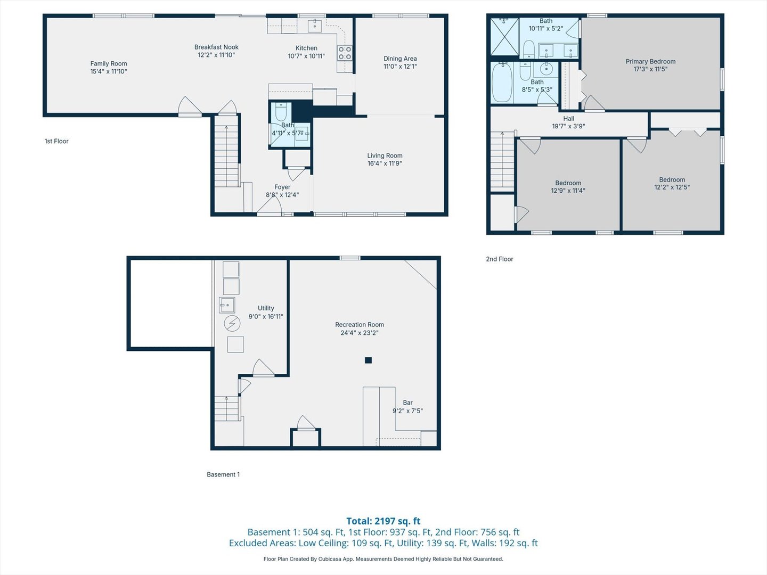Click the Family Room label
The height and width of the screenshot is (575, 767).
[109, 63]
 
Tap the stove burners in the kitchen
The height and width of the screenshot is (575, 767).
[345, 53]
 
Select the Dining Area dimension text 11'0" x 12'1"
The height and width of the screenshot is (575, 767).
[400, 67]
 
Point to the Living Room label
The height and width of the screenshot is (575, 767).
[385, 155]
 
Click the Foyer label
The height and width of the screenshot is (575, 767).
[282, 187]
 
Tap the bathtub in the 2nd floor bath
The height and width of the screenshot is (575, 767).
[502, 83]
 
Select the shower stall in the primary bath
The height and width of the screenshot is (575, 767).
[504, 36]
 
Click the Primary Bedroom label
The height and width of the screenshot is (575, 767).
[650, 61]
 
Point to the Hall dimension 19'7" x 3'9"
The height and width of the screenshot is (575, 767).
[568, 127]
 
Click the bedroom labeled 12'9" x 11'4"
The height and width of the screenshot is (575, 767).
[568, 186]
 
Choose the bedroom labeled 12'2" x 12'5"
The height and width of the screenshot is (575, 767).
[672, 183]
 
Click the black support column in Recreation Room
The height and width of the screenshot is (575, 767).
[368, 360]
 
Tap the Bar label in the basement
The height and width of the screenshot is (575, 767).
[407, 402]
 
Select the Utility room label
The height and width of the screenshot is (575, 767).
[266, 308]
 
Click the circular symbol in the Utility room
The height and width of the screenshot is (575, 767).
[232, 323]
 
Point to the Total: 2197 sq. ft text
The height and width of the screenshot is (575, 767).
[383, 521]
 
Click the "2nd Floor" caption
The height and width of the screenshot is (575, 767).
[500, 259]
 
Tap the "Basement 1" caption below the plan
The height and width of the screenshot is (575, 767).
[223, 474]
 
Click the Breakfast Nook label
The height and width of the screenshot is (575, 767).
[216, 47]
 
